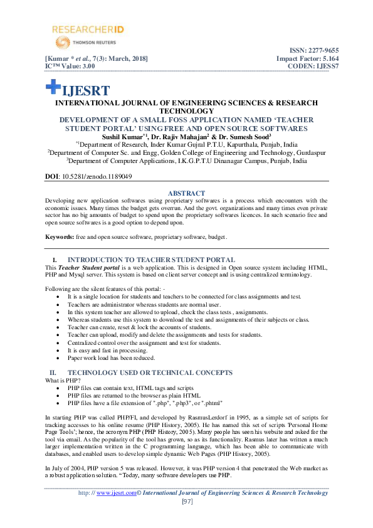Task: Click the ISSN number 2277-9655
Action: click(x=323, y=50)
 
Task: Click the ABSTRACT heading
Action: click(x=187, y=193)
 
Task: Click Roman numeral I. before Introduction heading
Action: click(x=54, y=260)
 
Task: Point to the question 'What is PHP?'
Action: click(x=65, y=381)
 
